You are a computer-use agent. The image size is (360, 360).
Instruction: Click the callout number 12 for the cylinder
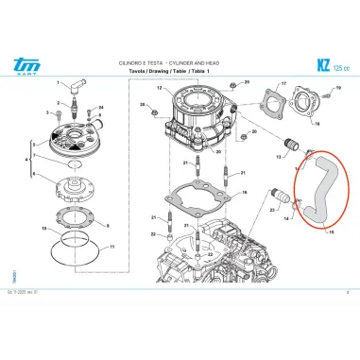tap(160, 89)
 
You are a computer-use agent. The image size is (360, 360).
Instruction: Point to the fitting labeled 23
tap(277, 199)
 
